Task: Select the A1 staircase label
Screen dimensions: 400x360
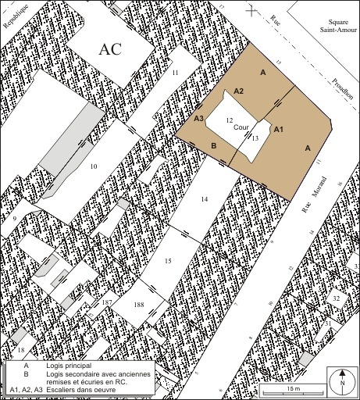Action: pyautogui.click(x=280, y=129)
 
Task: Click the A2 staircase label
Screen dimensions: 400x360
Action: pyautogui.click(x=239, y=91)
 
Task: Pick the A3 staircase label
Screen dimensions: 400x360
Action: pyautogui.click(x=199, y=119)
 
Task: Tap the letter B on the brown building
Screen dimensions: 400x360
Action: pyautogui.click(x=213, y=146)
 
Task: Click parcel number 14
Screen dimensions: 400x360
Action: pyautogui.click(x=205, y=200)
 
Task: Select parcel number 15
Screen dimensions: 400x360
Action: pyautogui.click(x=167, y=259)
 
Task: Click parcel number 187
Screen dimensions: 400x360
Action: pyautogui.click(x=107, y=301)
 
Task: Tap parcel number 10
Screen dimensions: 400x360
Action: pyautogui.click(x=93, y=167)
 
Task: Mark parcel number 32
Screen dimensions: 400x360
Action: pyautogui.click(x=336, y=298)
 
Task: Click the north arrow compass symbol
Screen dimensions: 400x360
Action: pyautogui.click(x=342, y=381)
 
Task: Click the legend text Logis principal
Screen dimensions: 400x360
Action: pyautogui.click(x=69, y=366)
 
